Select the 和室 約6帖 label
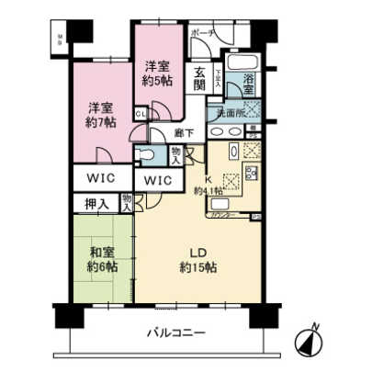100,258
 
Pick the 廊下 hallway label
184,133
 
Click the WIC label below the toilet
159,180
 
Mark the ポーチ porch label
202,32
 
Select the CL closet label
140,114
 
